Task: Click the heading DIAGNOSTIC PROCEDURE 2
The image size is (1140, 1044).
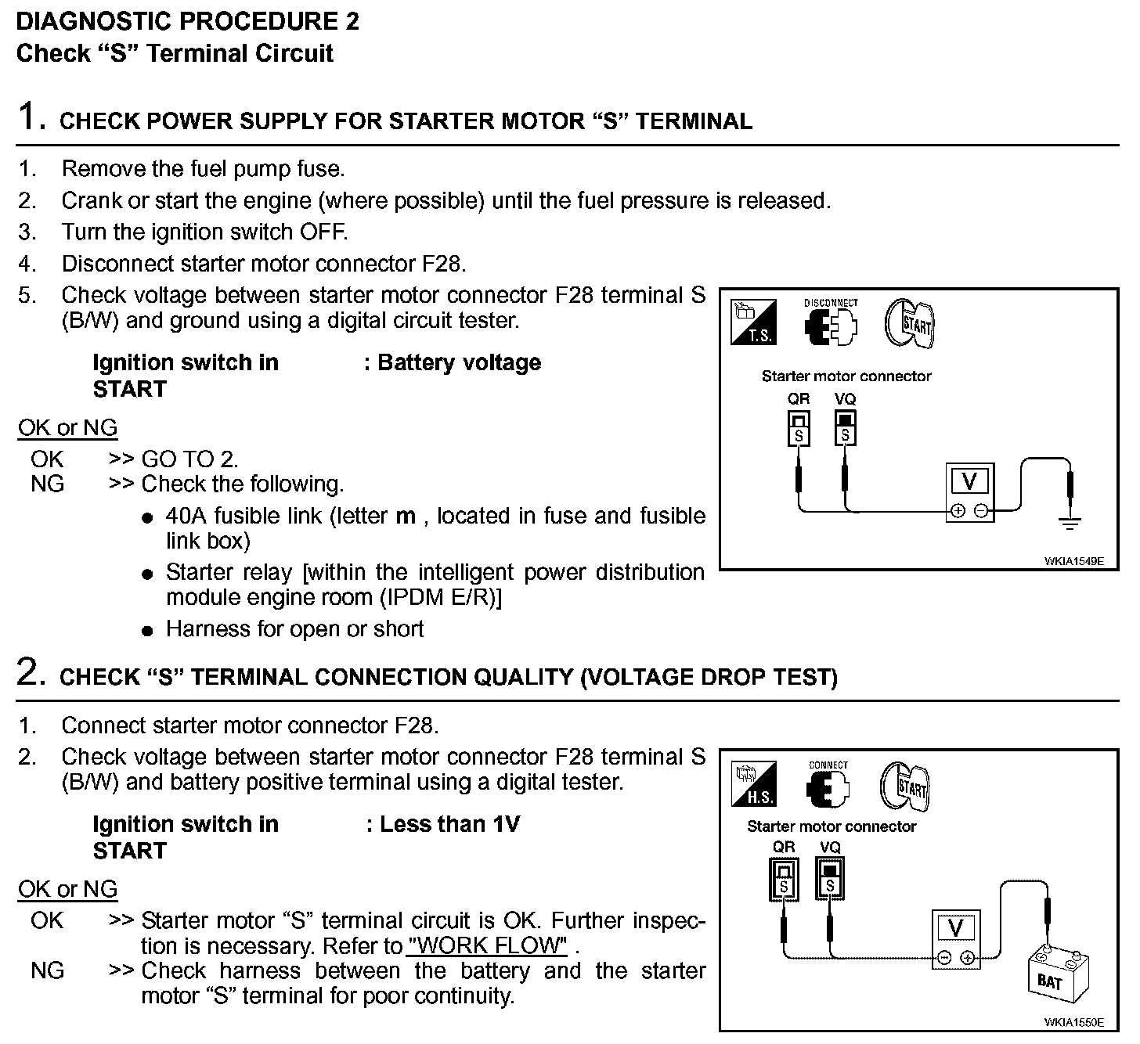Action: [x=188, y=21]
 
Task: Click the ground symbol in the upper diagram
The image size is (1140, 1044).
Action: [x=1072, y=520]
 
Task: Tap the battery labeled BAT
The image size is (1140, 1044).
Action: [x=1053, y=975]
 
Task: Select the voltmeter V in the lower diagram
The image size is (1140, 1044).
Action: [x=955, y=939]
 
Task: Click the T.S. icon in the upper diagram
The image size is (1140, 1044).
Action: [x=754, y=322]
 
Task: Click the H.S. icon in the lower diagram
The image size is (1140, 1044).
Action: [x=754, y=784]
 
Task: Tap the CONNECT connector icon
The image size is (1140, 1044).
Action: [x=828, y=787]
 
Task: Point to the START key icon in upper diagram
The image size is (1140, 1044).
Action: [x=911, y=323]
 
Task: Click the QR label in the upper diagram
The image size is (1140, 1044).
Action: [x=798, y=399]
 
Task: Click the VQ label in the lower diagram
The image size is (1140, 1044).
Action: [x=830, y=848]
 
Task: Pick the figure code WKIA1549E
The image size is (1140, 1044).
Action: [x=1073, y=561]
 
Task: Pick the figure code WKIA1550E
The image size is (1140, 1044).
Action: [x=1073, y=1022]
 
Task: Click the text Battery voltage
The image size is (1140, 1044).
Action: [x=459, y=363]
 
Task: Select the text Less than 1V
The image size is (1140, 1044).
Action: [x=449, y=824]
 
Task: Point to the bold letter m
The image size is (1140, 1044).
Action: [x=406, y=517]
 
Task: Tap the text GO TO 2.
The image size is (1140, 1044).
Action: [x=190, y=459]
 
